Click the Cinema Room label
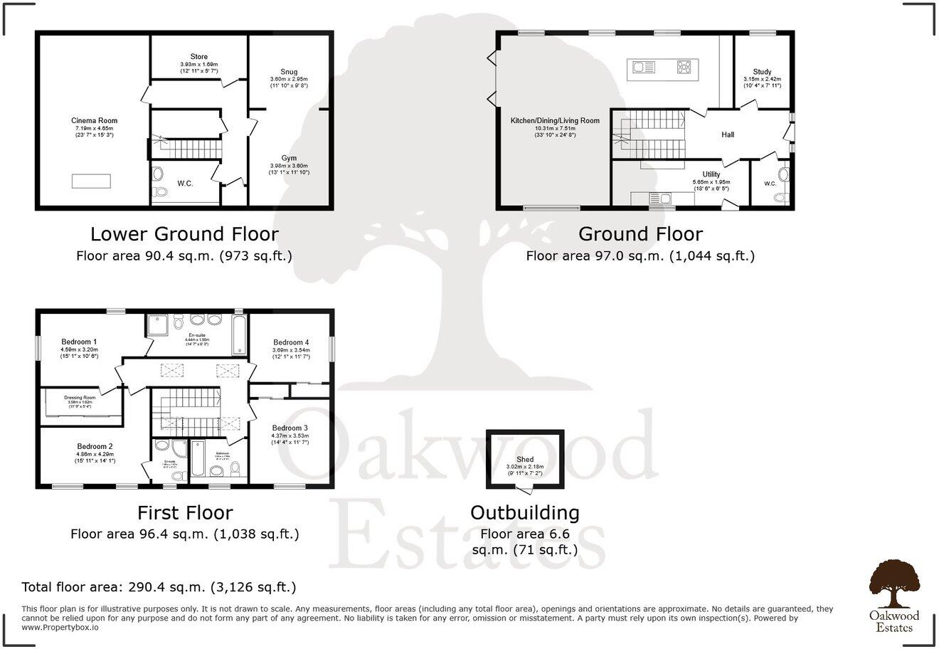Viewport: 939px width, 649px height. (94, 121)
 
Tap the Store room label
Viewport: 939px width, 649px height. (199, 57)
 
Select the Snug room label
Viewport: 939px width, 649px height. (288, 71)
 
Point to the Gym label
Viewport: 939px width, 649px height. (288, 158)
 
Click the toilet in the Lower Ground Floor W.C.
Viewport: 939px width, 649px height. (159, 173)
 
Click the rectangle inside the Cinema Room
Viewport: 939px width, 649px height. (91, 181)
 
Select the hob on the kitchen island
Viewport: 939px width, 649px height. (684, 68)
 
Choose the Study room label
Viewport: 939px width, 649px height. (762, 72)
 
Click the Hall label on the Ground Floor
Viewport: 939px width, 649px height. (728, 134)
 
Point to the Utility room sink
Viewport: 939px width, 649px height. (666, 198)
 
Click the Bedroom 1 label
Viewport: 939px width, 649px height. (79, 342)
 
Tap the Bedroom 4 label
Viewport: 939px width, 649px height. (290, 342)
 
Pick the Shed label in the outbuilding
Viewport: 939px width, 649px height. (525, 460)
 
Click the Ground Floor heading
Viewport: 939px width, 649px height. (640, 234)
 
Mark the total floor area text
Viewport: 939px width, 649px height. (159, 588)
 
